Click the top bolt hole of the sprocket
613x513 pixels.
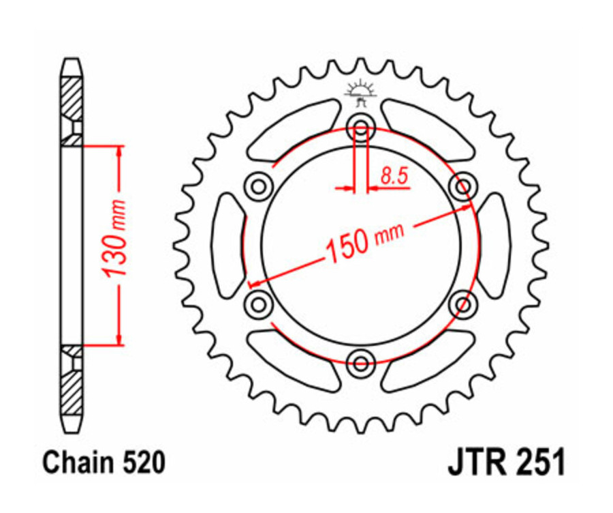point(360,128)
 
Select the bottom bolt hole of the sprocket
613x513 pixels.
point(360,360)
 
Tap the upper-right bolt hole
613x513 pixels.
point(464,185)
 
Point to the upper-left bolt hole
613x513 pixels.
point(258,185)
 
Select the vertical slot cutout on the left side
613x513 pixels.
point(227,244)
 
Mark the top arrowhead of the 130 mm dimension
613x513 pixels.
point(119,151)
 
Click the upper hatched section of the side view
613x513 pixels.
point(71,99)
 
